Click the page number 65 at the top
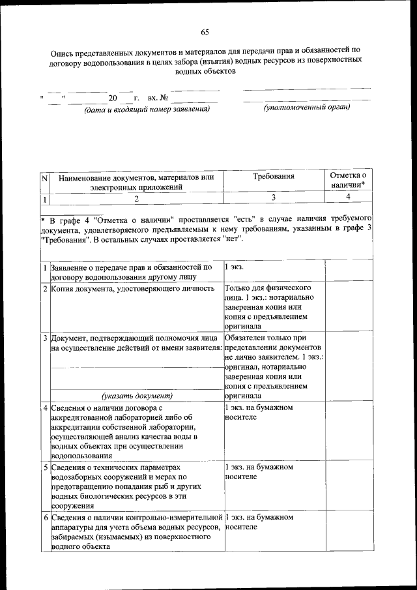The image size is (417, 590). (205, 33)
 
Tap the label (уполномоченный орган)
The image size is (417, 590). (307, 107)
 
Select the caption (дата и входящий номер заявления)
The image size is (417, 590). (147, 110)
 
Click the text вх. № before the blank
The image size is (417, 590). (159, 98)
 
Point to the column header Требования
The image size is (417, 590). (273, 176)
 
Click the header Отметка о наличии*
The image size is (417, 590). (349, 181)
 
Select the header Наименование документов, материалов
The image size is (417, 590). (136, 177)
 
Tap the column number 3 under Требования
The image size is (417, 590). (274, 197)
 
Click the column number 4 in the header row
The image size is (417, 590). (349, 197)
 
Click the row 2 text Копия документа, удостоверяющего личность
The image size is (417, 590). (132, 288)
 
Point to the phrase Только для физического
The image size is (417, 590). (266, 288)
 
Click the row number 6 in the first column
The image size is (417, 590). (44, 517)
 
